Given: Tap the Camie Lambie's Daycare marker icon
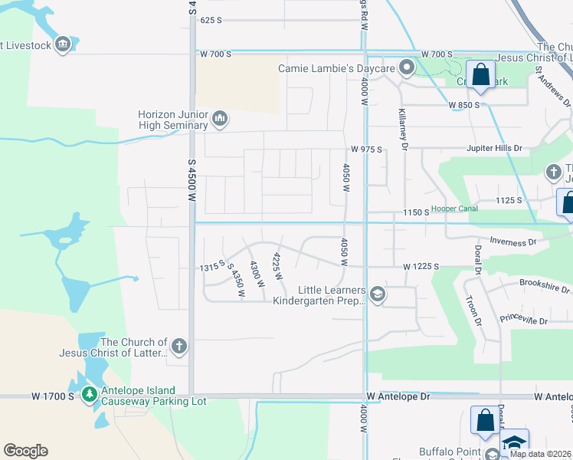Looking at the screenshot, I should click(x=407, y=68).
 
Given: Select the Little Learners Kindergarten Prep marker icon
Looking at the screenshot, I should click(x=377, y=294).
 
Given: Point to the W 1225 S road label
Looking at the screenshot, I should click(x=421, y=266).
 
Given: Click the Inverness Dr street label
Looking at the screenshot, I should click(x=511, y=242).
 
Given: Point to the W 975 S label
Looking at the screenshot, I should click(x=366, y=149).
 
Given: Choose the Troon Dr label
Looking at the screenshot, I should click(x=471, y=303).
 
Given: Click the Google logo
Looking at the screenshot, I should click(x=25, y=451).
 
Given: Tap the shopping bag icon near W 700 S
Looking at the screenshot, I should click(x=481, y=75).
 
